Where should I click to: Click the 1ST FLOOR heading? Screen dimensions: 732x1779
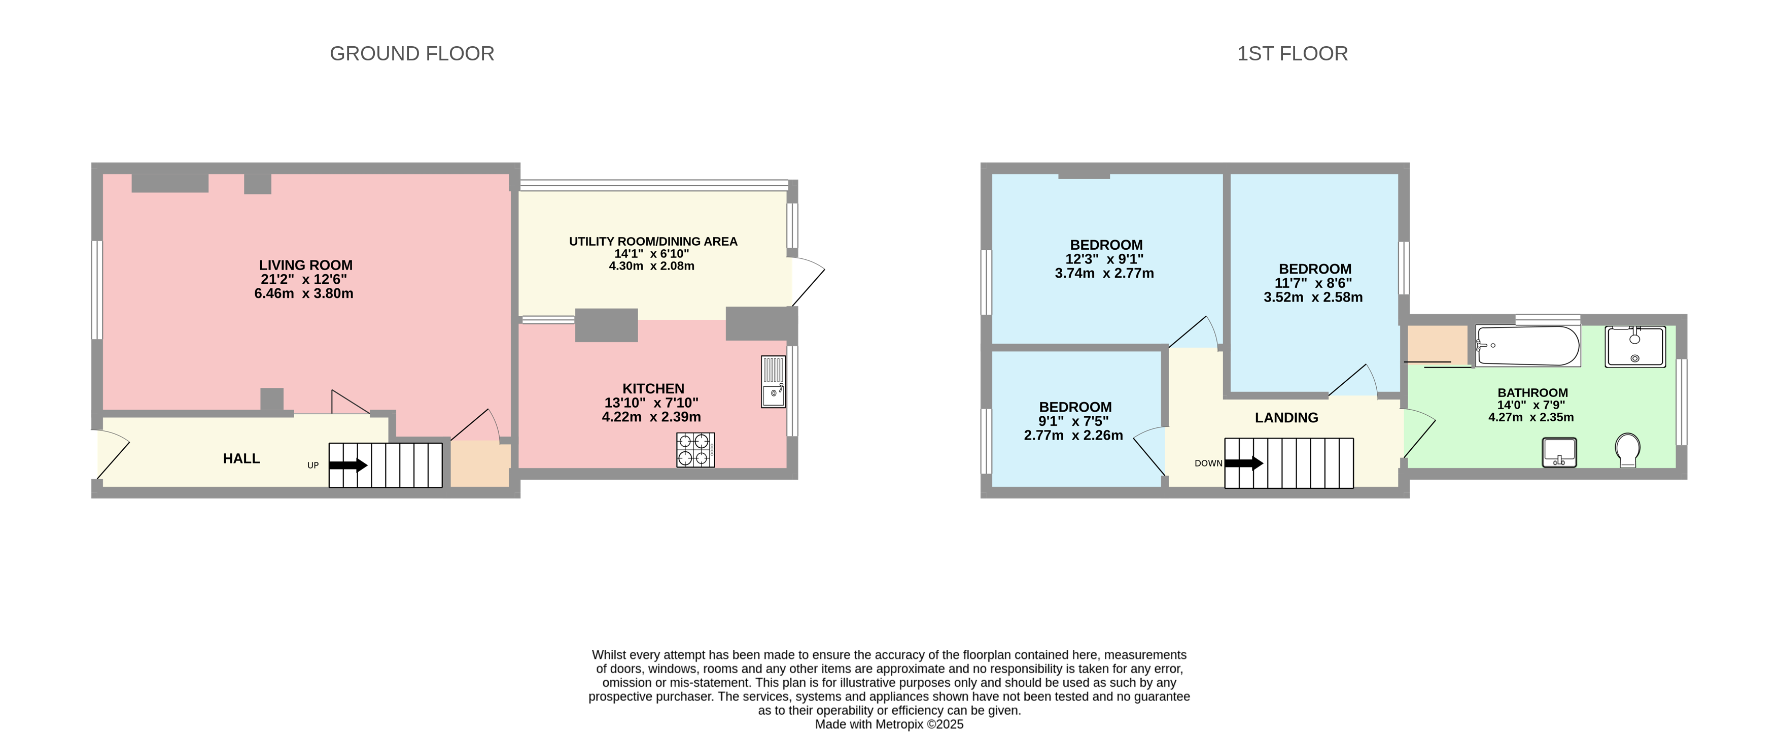pyautogui.click(x=1292, y=54)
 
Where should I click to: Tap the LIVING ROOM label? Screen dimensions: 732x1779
pyautogui.click(x=305, y=265)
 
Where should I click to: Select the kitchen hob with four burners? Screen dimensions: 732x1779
pyautogui.click(x=695, y=450)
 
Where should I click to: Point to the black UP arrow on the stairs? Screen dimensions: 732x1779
pyautogui.click(x=348, y=465)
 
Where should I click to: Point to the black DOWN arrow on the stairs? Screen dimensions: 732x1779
pyautogui.click(x=1244, y=463)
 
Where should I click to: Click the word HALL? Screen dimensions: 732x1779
pyautogui.click(x=241, y=459)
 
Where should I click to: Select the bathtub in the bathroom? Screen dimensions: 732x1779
pyautogui.click(x=1527, y=346)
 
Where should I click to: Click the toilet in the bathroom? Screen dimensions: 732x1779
pyautogui.click(x=1628, y=450)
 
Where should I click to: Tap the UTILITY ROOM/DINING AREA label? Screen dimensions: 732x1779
pyautogui.click(x=653, y=241)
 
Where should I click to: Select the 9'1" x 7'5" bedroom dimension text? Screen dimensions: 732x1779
pyautogui.click(x=1073, y=421)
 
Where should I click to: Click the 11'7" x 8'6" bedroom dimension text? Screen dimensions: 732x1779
pyautogui.click(x=1313, y=283)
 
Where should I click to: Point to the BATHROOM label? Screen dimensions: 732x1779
pyautogui.click(x=1532, y=392)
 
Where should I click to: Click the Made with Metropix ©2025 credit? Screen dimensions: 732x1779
pyautogui.click(x=889, y=724)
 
